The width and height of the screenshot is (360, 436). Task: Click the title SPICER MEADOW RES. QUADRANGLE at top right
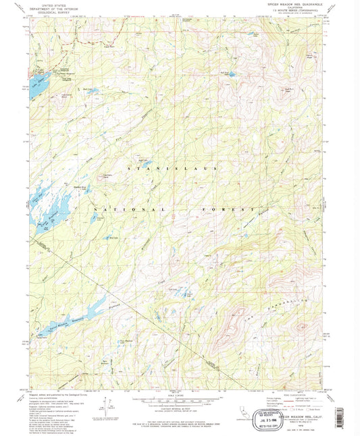295,5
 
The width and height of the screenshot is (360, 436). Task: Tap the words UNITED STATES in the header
46,4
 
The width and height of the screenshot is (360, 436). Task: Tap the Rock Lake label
113,238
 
